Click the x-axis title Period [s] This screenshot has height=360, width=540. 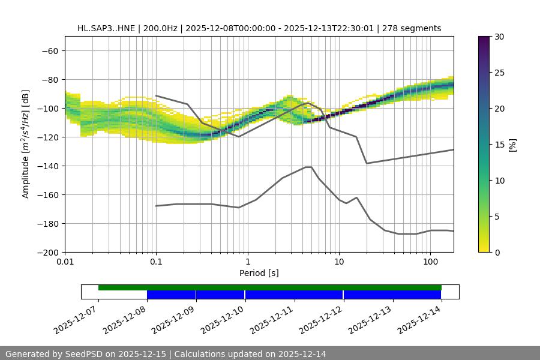click(259, 274)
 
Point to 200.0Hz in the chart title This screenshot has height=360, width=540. click(160, 28)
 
